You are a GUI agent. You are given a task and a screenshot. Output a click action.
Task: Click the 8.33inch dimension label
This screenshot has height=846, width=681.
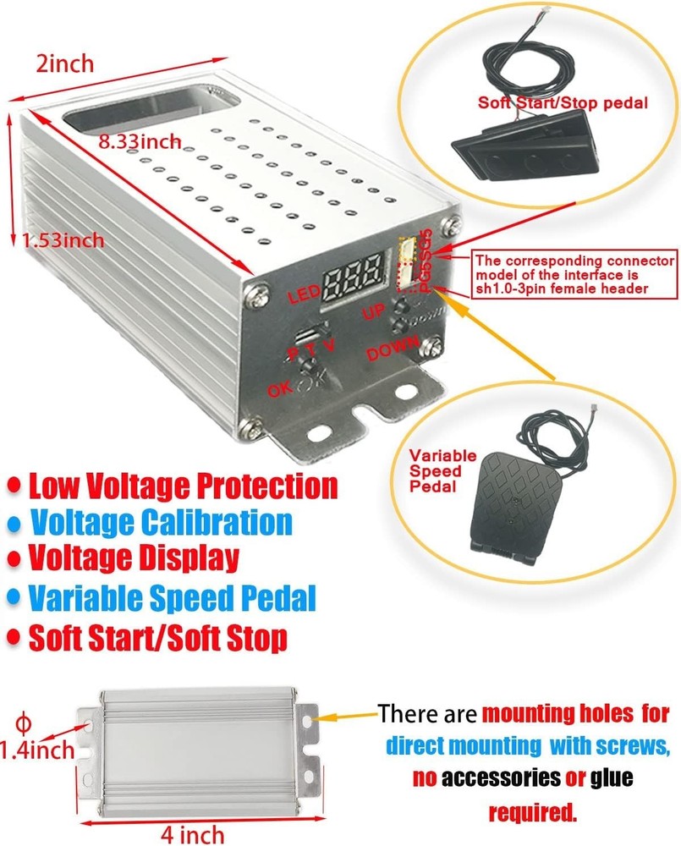[x=140, y=142]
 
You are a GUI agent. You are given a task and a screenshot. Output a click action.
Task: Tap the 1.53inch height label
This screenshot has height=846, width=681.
[x=63, y=240]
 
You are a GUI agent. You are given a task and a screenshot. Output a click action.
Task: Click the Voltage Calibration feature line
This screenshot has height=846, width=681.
[x=161, y=522]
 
